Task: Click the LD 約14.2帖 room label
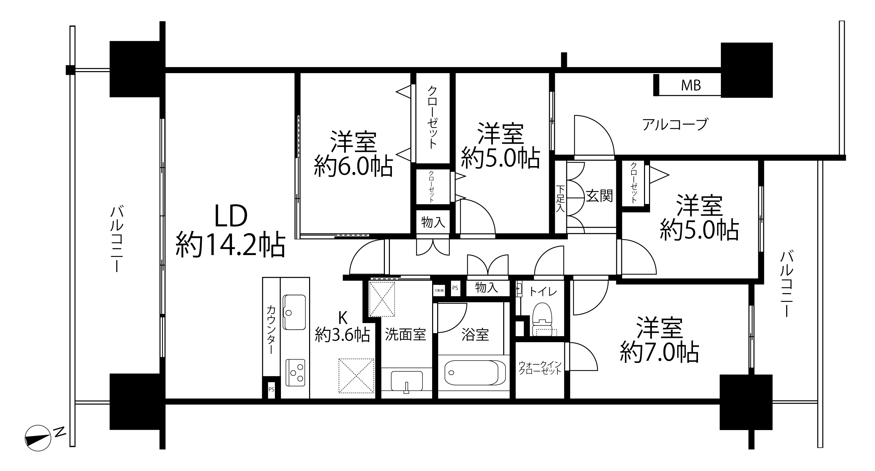[230, 230]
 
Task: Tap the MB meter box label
[691, 86]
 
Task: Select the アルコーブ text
[675, 124]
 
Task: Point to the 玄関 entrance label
[599, 196]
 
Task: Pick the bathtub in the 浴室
[475, 372]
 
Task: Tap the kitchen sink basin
[294, 312]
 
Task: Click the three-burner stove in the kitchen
[295, 372]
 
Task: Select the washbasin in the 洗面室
[407, 381]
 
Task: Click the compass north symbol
[38, 438]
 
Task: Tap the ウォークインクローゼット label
[540, 368]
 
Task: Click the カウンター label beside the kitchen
[271, 329]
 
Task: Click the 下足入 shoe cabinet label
[560, 199]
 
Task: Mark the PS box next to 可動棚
[455, 288]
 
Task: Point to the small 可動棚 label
[439, 291]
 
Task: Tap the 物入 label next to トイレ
[486, 288]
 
